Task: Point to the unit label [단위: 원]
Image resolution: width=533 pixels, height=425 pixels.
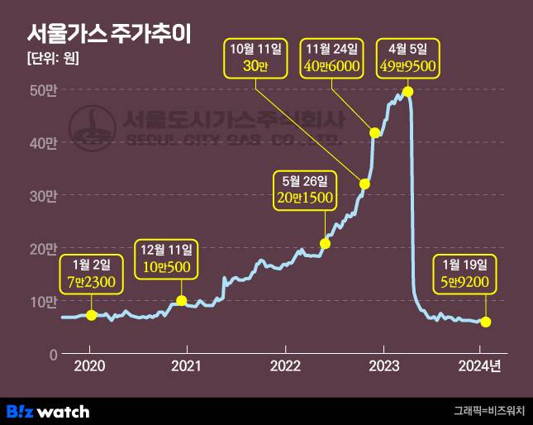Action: point(52,59)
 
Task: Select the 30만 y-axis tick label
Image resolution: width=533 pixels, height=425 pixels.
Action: point(43,196)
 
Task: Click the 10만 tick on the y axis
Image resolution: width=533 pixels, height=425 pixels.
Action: point(43,302)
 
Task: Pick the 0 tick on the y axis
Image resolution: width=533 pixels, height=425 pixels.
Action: point(51,355)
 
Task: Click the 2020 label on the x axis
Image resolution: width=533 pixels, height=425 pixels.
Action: point(89,365)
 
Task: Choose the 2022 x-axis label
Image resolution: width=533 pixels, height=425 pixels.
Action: point(285,365)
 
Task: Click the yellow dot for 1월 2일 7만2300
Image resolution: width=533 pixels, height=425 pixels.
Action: point(91,315)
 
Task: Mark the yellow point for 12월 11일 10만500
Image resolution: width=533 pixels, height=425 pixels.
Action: point(182,301)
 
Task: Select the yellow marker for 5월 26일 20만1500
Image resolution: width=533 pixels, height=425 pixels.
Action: point(325,243)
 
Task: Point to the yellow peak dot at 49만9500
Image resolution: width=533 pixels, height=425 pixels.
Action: point(407,91)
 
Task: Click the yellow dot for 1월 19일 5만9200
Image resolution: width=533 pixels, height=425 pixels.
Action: point(486,322)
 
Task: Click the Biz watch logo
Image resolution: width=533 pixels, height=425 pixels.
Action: point(48,411)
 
